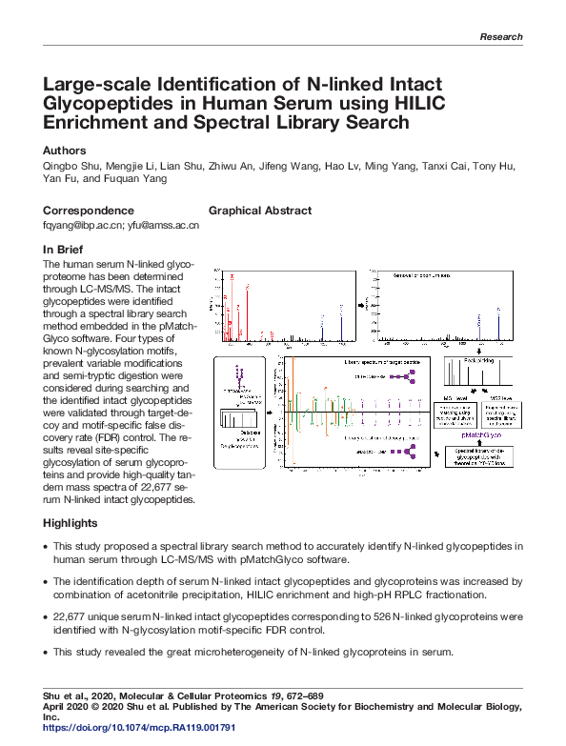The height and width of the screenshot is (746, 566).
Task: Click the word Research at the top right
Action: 501,37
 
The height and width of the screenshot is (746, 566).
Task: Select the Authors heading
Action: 65,151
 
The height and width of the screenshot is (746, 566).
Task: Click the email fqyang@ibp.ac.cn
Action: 84,226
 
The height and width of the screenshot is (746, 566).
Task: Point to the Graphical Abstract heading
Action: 259,211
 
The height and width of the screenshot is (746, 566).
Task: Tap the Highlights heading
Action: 71,523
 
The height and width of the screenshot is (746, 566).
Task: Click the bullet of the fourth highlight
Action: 47,652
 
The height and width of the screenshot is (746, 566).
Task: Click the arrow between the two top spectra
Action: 361,305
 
